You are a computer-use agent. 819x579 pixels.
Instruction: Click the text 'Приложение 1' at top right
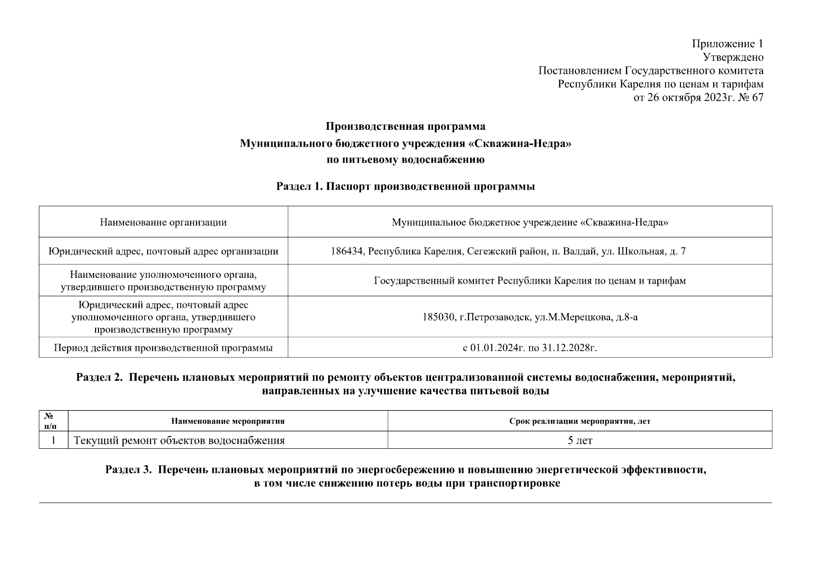point(727,44)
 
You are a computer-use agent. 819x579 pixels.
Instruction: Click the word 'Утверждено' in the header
point(733,57)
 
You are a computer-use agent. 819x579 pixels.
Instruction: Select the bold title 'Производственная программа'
point(405,127)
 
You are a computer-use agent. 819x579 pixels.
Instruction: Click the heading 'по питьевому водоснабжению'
point(405,160)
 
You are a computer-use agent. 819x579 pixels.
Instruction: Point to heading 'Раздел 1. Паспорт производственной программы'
point(405,187)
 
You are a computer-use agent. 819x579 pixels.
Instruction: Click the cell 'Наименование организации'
point(163,222)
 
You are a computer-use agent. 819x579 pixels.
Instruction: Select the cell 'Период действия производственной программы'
point(163,348)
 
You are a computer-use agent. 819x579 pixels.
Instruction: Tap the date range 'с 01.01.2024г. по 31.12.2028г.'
point(529,348)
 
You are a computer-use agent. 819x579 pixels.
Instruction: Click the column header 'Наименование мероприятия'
point(228,421)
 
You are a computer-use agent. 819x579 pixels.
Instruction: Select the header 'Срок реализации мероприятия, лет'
point(580,421)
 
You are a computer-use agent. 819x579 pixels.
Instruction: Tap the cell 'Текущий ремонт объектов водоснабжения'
point(179,441)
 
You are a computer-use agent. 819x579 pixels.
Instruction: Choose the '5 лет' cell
point(580,441)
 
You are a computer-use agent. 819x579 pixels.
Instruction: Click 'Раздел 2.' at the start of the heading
point(99,377)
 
